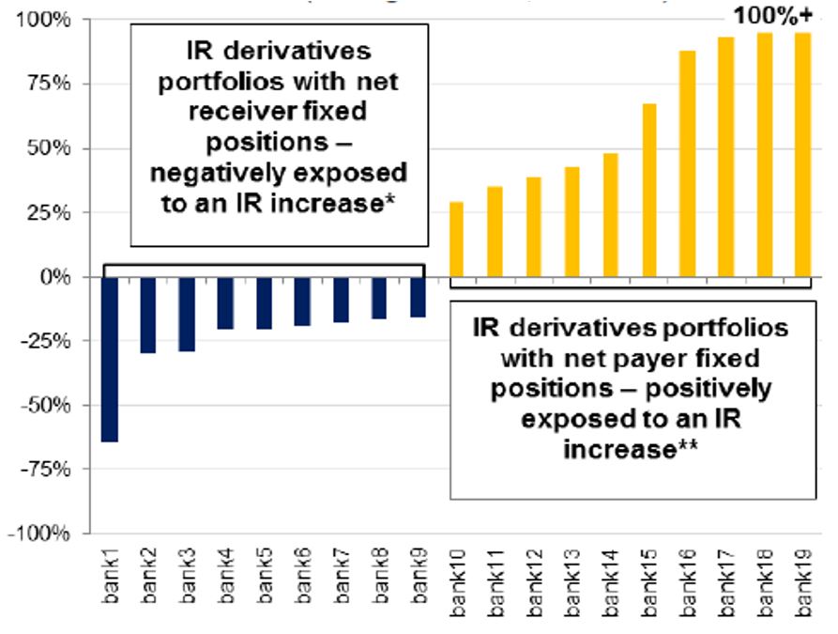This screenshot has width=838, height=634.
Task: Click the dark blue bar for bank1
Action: tap(110, 359)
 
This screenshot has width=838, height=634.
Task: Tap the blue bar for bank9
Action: tap(418, 297)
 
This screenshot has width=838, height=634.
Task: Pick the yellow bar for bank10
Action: tap(456, 240)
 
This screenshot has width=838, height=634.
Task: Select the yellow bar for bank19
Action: tap(802, 155)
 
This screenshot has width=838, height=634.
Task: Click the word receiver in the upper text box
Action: tap(228, 112)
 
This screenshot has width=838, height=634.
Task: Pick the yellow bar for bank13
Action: tap(571, 222)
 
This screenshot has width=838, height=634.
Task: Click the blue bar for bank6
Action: tap(302, 302)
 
